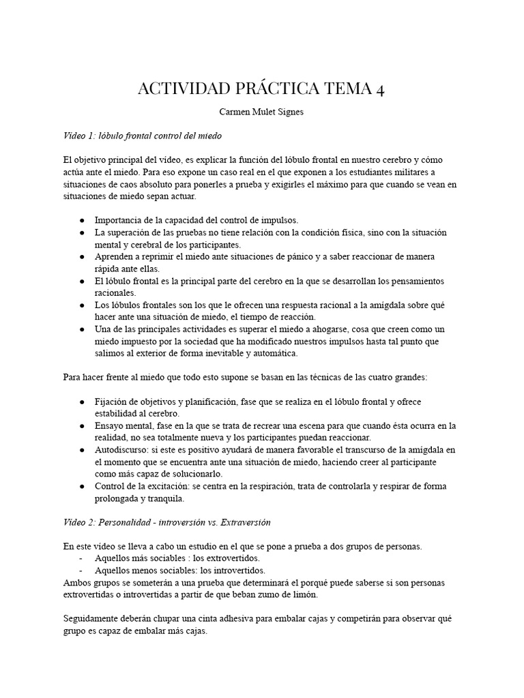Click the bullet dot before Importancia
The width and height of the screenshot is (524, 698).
pos(82,220)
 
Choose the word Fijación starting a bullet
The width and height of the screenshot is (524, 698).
pos(111,401)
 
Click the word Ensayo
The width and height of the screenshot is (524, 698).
pos(109,425)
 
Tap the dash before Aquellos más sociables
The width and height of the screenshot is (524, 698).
pos(82,558)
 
